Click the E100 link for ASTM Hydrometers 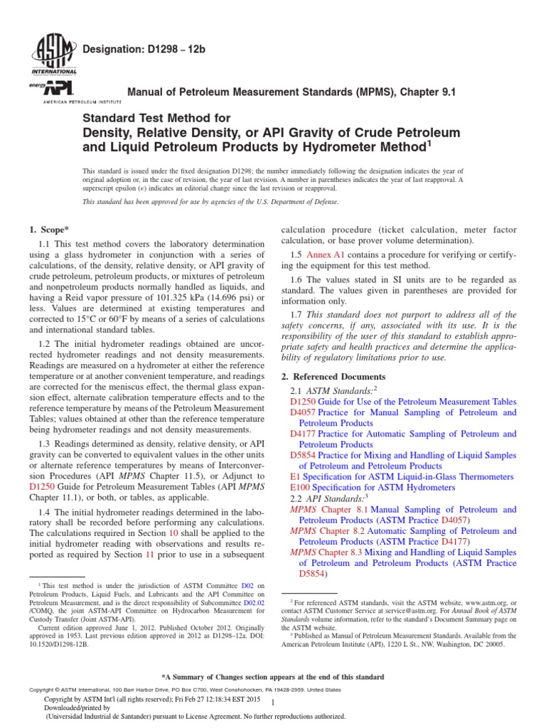click(301, 488)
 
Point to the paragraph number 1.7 click(298, 315)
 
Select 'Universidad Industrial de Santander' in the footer click(105, 717)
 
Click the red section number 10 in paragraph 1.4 click(172, 532)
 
